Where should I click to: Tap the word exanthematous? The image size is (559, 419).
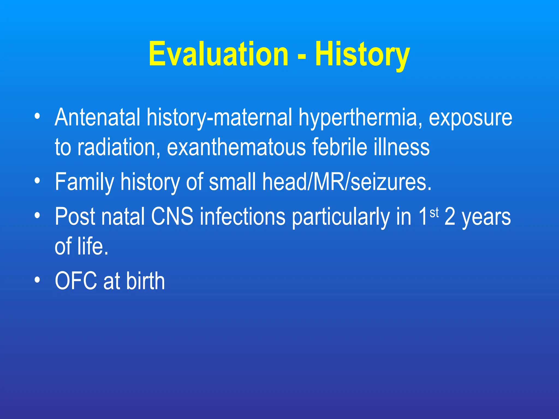(x=236, y=147)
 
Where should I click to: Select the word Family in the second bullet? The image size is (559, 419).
(x=84, y=182)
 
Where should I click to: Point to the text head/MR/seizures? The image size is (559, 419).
(x=347, y=182)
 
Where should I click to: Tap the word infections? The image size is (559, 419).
(x=243, y=217)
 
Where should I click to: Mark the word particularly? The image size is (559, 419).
(x=341, y=217)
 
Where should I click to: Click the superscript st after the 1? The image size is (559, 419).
(x=434, y=213)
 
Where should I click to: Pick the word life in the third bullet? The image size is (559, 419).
(x=90, y=246)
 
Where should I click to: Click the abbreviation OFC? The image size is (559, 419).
(x=76, y=281)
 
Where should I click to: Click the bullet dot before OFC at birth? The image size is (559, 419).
(x=37, y=280)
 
